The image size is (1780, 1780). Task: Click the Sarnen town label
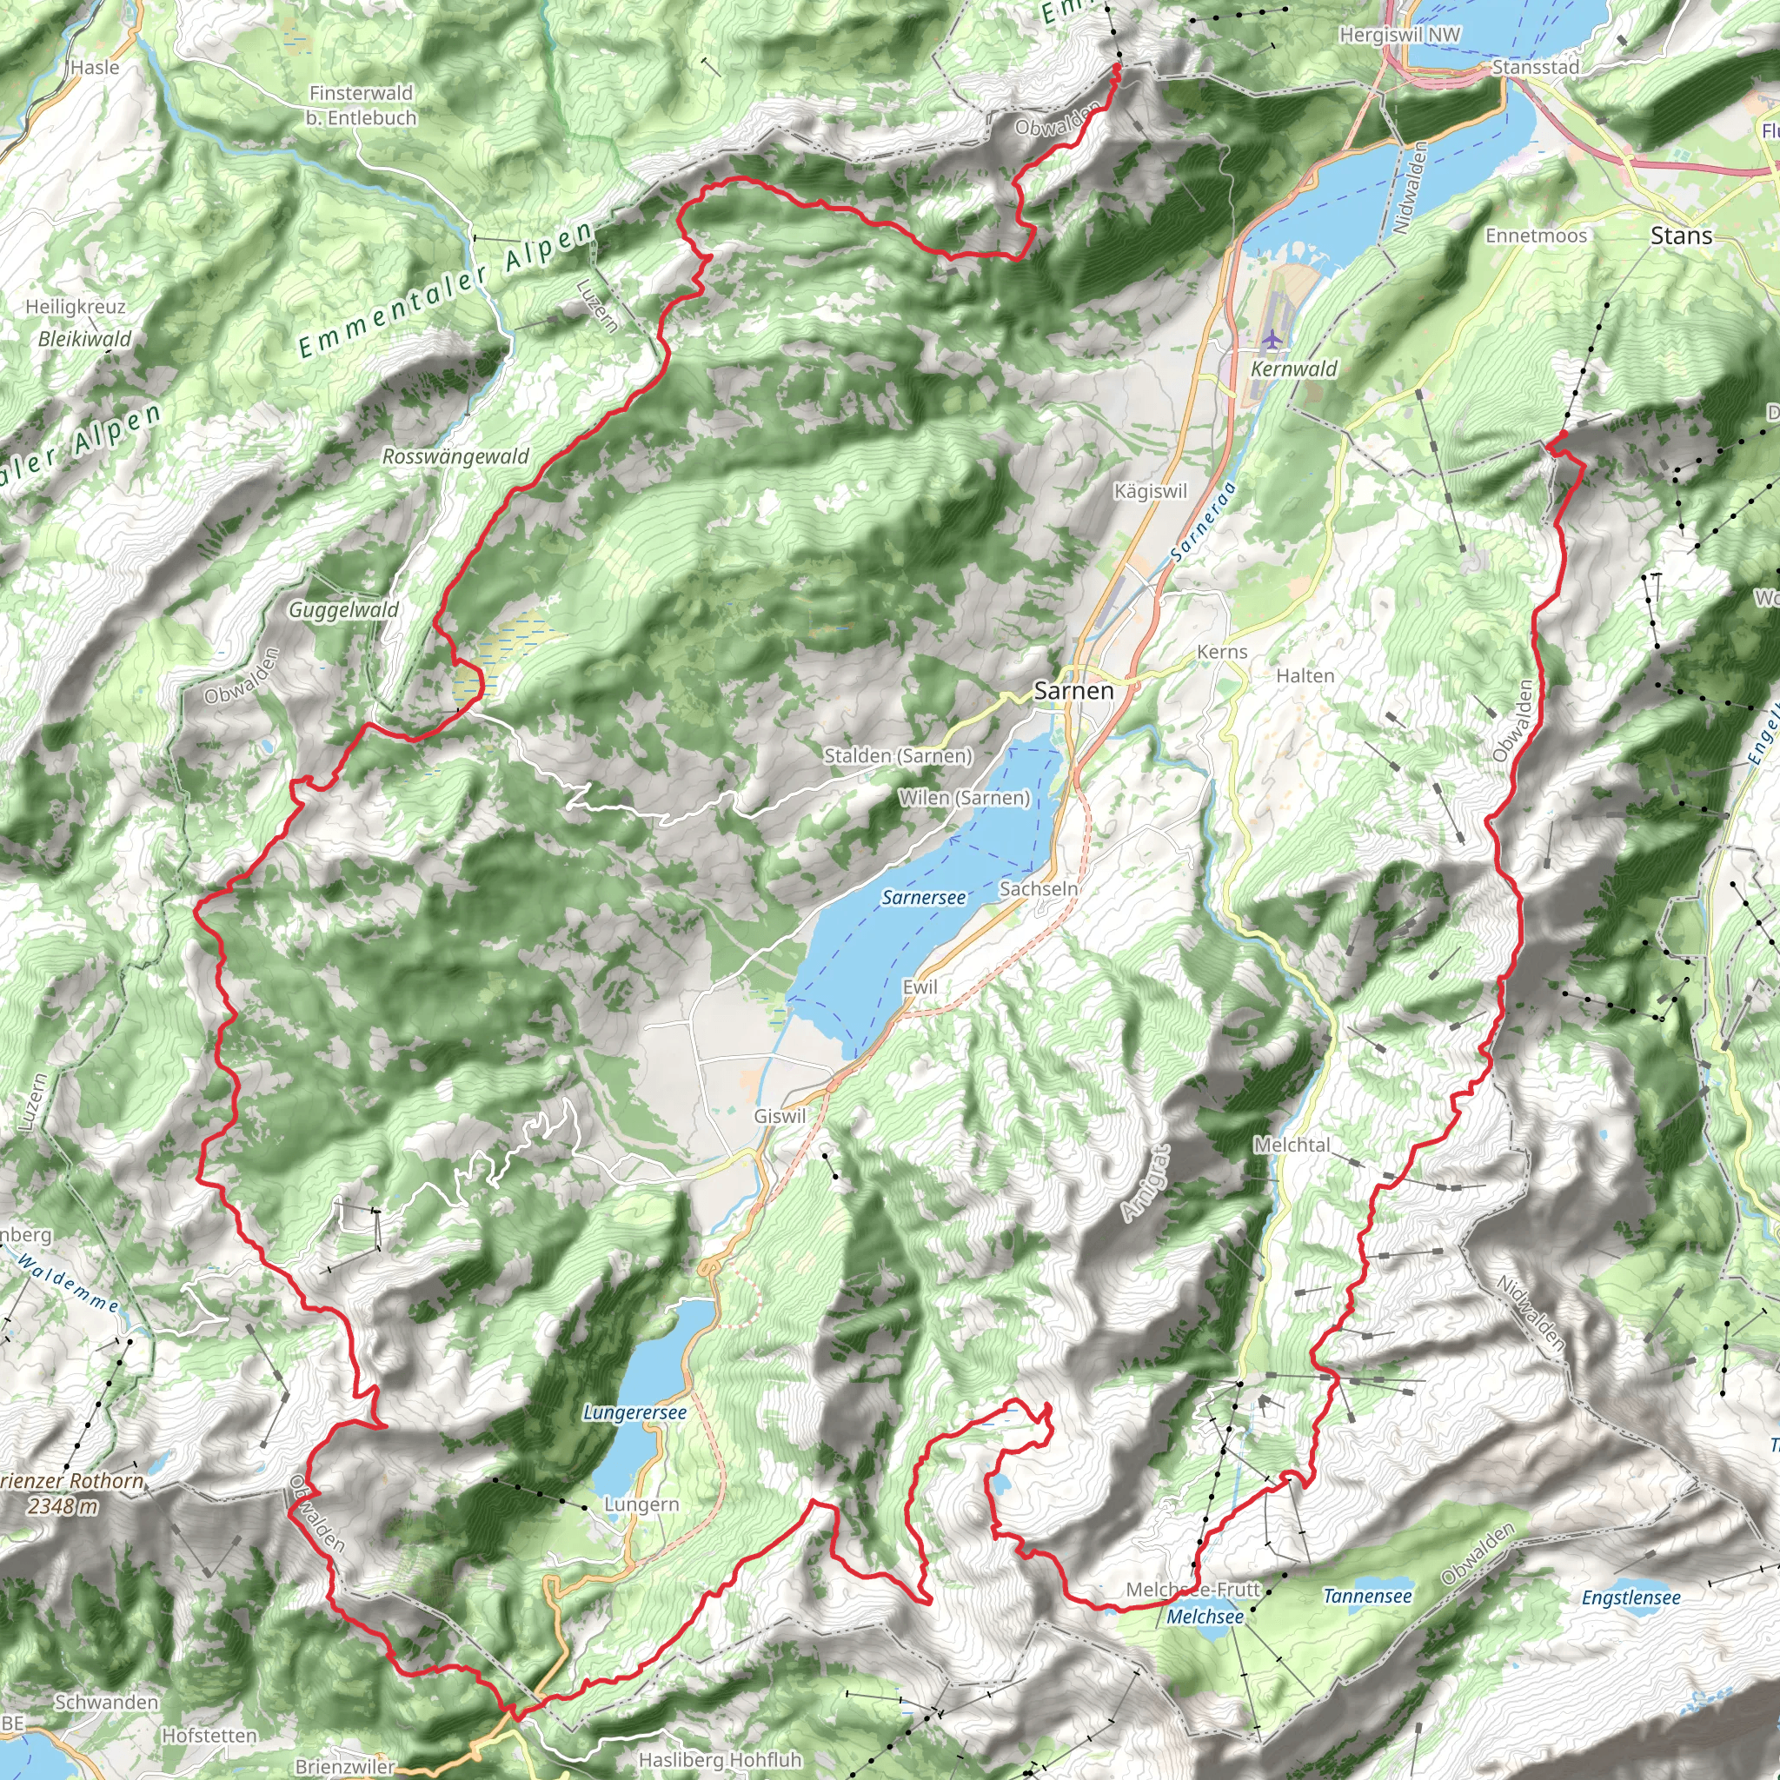[1073, 690]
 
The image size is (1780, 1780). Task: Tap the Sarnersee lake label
[923, 897]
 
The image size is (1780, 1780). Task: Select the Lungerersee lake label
[634, 1412]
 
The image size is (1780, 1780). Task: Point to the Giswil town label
[780, 1116]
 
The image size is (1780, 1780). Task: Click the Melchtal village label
[1292, 1145]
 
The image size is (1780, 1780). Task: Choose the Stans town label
[1681, 236]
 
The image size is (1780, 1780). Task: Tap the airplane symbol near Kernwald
[1272, 340]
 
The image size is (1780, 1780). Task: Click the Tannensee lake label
[1367, 1596]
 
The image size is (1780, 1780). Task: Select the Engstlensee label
[1631, 1597]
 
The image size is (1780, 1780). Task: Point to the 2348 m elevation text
[63, 1505]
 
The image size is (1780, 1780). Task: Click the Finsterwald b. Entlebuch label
[362, 105]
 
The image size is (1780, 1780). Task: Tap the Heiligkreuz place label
[76, 307]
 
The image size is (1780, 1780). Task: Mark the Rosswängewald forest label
[455, 456]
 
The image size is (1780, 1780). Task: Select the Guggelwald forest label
[343, 609]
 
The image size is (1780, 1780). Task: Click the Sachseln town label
[1039, 889]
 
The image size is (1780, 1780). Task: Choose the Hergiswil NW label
[1399, 35]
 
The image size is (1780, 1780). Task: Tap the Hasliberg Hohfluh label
[720, 1759]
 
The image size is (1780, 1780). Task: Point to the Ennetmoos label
[1536, 236]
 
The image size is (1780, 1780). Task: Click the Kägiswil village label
[1150, 491]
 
